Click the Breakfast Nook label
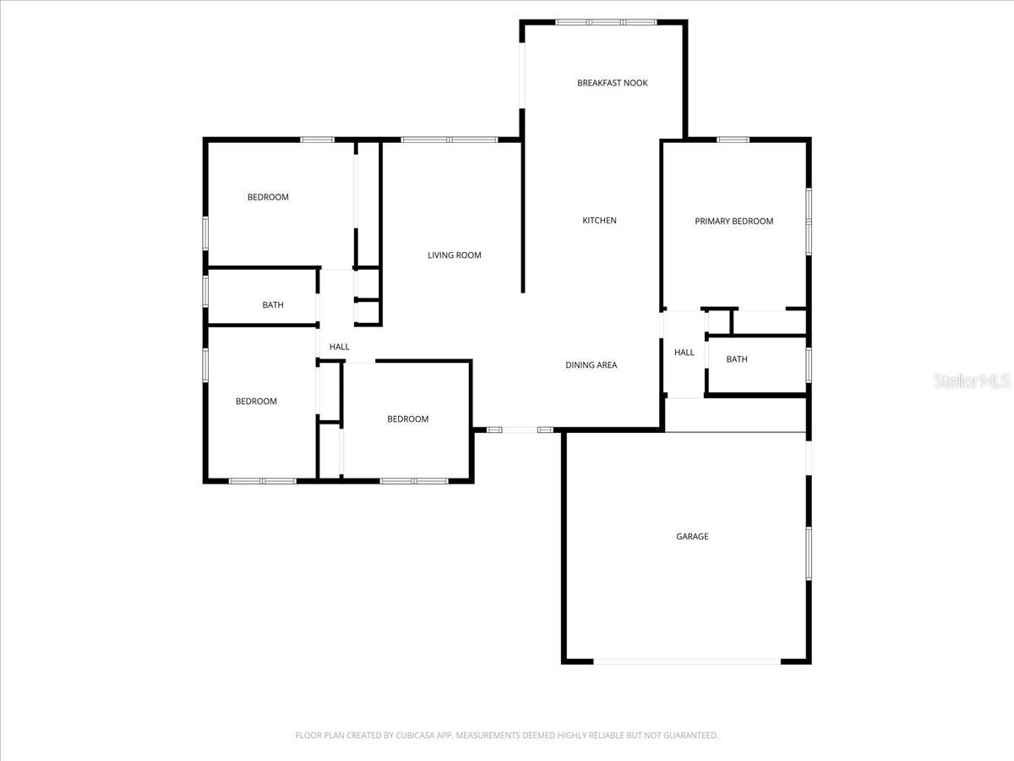tap(612, 83)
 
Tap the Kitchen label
tap(599, 221)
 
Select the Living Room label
tap(454, 255)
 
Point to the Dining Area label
tap(591, 365)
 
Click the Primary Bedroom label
tap(733, 222)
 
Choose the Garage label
tap(691, 537)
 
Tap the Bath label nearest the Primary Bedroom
tap(736, 359)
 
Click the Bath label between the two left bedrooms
tap(272, 305)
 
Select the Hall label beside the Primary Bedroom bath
tap(684, 353)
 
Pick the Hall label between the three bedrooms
tap(339, 347)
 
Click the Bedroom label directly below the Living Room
tap(407, 419)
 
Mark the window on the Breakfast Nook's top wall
tap(605, 22)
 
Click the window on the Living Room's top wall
tap(449, 140)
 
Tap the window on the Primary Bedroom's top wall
tap(733, 140)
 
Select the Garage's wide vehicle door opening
tap(686, 661)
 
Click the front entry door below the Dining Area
tap(521, 430)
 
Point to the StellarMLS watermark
tap(971, 382)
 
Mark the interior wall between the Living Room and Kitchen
tap(522, 216)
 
